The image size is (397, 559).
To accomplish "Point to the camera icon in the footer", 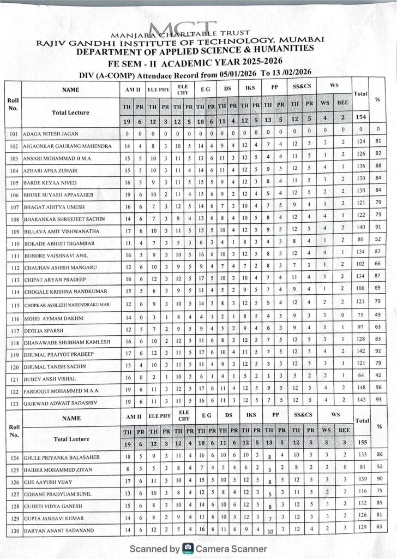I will (x=188, y=548).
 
